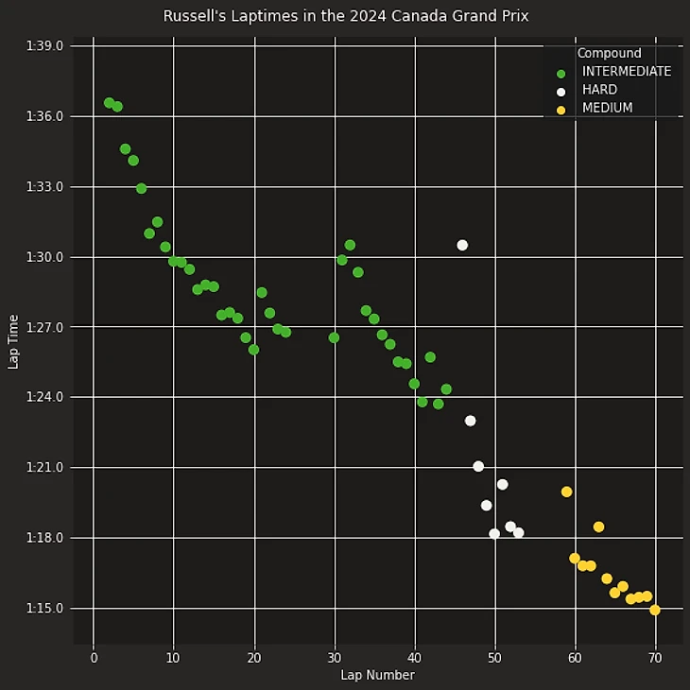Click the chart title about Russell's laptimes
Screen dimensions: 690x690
pos(345,16)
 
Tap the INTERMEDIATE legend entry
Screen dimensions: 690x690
pos(626,72)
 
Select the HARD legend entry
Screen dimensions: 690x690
pos(599,91)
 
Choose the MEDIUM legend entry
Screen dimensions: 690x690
pos(607,109)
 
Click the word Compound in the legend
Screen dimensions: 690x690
pos(609,54)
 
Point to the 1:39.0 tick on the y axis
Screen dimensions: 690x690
pos(46,46)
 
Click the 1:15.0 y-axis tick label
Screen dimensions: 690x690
pos(46,608)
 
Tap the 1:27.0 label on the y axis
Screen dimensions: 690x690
pos(46,327)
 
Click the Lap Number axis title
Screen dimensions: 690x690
pos(377,675)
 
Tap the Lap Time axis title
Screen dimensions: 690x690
pos(13,341)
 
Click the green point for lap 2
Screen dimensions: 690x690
pos(110,102)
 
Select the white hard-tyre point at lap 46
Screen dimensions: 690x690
pos(462,245)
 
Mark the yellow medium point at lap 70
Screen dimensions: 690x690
pos(655,610)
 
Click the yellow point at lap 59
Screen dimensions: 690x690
pos(566,492)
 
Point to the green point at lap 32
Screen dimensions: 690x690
pos(350,245)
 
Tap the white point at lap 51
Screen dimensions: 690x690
pos(503,484)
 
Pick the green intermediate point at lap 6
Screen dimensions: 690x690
pos(141,188)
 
